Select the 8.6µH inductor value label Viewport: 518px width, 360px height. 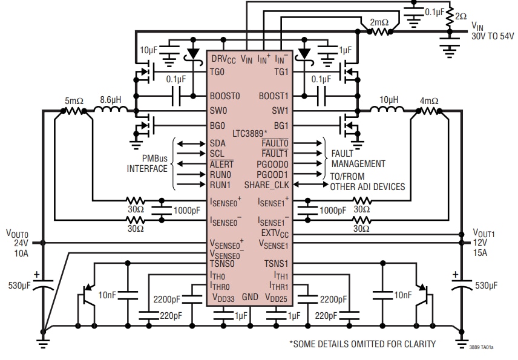pos(113,98)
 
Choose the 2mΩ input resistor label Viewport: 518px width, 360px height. pos(379,22)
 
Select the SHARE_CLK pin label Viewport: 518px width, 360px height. pos(267,185)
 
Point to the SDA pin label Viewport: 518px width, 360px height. pos(218,143)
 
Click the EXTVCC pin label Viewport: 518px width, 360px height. pos(275,233)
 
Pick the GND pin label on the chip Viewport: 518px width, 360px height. pos(250,298)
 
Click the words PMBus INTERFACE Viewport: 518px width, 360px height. pos(146,163)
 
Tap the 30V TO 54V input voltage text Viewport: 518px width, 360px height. pos(493,36)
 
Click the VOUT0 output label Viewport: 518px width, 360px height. pos(18,233)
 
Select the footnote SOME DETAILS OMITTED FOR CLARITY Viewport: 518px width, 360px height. pos(362,344)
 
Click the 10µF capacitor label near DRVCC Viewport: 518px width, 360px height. pos(150,50)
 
